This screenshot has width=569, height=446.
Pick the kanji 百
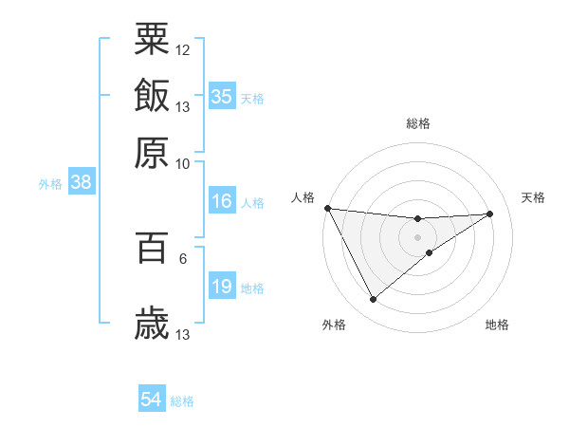pyautogui.click(x=152, y=248)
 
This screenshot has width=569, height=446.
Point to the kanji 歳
pyautogui.click(x=152, y=324)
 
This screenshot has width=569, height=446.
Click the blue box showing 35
pyautogui.click(x=222, y=97)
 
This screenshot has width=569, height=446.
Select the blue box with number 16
pyautogui.click(x=222, y=201)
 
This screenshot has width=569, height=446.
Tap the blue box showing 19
pyautogui.click(x=222, y=287)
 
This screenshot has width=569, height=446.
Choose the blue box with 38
pyautogui.click(x=81, y=183)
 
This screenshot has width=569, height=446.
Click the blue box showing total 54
pyautogui.click(x=152, y=400)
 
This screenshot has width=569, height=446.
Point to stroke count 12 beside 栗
pyautogui.click(x=183, y=49)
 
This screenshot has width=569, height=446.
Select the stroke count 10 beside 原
pyautogui.click(x=183, y=163)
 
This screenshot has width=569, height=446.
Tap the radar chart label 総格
pyautogui.click(x=418, y=123)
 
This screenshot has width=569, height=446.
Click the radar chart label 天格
pyautogui.click(x=534, y=197)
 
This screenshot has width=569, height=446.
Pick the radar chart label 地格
pyautogui.click(x=497, y=325)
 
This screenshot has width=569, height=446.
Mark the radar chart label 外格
pyautogui.click(x=334, y=325)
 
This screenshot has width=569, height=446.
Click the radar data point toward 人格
pyautogui.click(x=327, y=208)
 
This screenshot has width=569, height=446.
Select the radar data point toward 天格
pyautogui.click(x=490, y=214)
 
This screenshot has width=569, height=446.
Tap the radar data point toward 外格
pyautogui.click(x=373, y=300)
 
